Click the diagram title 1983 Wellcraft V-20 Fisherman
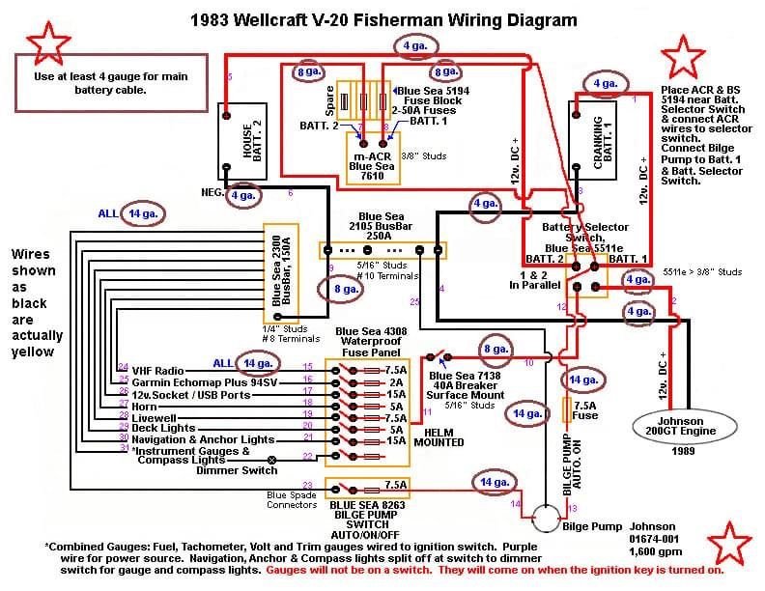click(x=383, y=19)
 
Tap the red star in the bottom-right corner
click(x=728, y=547)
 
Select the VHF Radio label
click(x=157, y=371)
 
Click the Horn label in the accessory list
click(x=145, y=407)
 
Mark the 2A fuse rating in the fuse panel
click(x=394, y=382)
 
